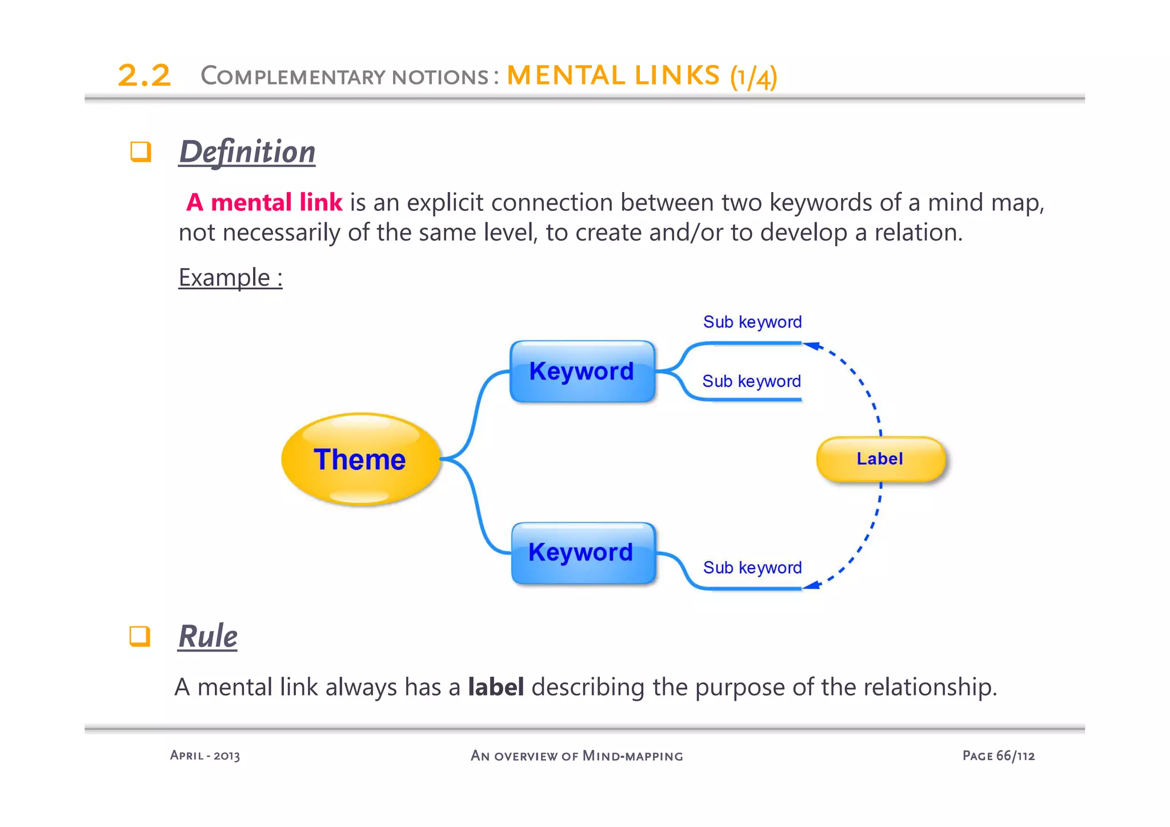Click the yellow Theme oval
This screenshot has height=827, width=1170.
tap(360, 459)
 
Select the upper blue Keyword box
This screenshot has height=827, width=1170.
tap(582, 371)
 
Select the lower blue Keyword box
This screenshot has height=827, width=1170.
tap(582, 553)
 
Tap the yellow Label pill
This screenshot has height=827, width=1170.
tap(880, 459)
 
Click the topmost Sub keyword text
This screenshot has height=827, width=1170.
tap(752, 322)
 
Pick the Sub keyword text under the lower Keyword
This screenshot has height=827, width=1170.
tap(752, 568)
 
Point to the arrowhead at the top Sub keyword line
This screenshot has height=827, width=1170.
tap(811, 345)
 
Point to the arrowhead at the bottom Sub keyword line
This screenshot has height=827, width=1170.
tap(811, 585)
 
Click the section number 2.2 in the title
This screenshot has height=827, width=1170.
tap(144, 76)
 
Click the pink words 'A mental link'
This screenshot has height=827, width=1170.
tap(264, 202)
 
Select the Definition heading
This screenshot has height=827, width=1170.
tap(247, 152)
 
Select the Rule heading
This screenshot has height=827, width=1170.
tap(208, 636)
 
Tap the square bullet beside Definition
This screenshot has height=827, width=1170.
tap(141, 152)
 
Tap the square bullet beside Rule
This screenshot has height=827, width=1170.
tap(139, 636)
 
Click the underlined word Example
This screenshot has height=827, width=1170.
tap(225, 278)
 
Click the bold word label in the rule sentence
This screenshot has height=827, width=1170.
tap(495, 687)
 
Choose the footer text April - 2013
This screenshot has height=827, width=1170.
tap(205, 756)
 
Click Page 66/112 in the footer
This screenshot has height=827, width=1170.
tap(998, 756)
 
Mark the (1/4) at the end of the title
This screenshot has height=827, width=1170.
tap(753, 77)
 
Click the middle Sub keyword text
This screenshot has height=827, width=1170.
tap(751, 381)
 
